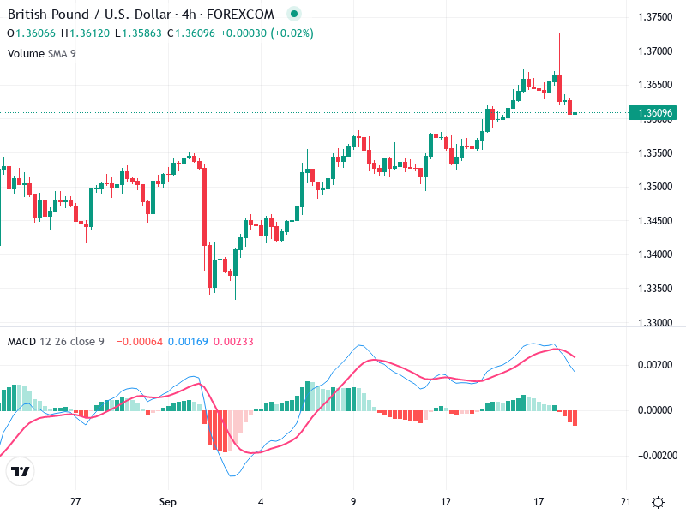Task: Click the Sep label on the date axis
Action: pos(168,501)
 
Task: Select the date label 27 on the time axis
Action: pos(75,501)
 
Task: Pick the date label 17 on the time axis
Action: pos(539,501)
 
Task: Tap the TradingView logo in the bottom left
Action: pos(20,472)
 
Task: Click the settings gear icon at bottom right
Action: pos(658,502)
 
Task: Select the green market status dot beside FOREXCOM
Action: pos(294,14)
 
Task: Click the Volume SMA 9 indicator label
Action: pos(42,53)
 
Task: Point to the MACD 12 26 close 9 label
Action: pos(56,342)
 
